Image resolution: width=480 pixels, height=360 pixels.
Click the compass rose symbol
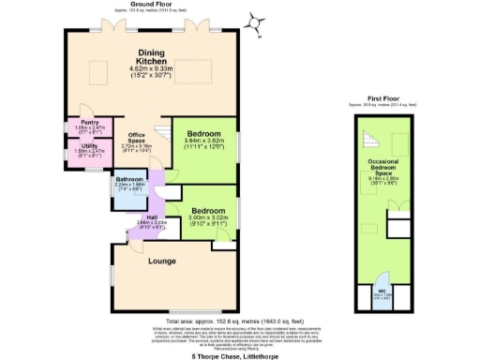point(256,22)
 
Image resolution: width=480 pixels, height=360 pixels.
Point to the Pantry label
point(90,123)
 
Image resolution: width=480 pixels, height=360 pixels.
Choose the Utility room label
point(90,147)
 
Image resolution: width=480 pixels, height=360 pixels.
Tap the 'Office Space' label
point(136,140)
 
